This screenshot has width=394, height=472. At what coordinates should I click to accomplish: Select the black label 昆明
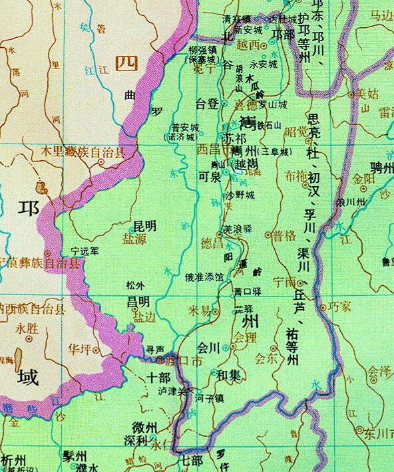tap(144, 226)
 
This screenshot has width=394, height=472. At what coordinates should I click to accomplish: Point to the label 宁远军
tap(85, 251)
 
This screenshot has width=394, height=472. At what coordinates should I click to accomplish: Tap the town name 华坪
tap(79, 348)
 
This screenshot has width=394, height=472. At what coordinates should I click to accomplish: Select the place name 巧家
tap(340, 308)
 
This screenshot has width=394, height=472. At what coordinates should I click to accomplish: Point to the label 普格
tap(284, 236)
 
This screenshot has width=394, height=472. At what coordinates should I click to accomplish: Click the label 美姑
tap(367, 93)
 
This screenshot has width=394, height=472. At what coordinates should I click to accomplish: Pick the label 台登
tap(206, 104)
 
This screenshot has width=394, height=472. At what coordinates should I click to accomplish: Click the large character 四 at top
tap(125, 63)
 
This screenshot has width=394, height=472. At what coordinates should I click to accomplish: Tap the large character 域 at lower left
tap(27, 377)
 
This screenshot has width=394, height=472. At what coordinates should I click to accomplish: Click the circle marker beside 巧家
tap(323, 307)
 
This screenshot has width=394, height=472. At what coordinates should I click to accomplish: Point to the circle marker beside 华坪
tap(96, 348)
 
